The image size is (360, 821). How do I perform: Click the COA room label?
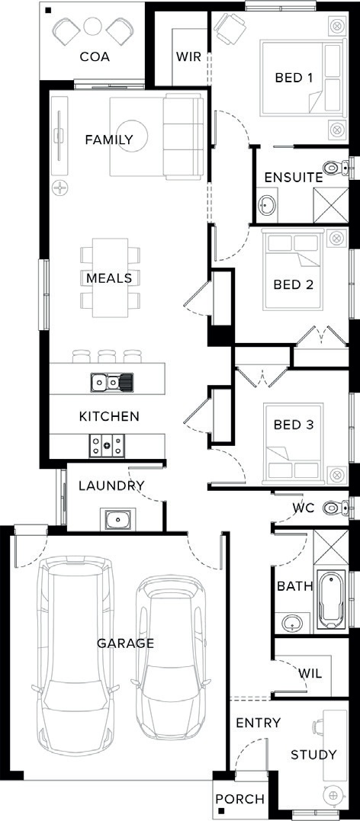(95, 57)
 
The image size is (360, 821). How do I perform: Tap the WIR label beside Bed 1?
(188, 56)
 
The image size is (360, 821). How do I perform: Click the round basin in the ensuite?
(267, 205)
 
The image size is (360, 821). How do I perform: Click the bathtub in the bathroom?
(331, 600)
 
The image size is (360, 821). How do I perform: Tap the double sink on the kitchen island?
(111, 382)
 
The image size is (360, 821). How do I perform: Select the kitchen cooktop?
(107, 446)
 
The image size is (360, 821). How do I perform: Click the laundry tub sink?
(118, 519)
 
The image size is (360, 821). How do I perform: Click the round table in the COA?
(93, 26)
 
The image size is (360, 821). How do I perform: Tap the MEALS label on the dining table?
(110, 277)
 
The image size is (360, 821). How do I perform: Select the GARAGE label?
(126, 643)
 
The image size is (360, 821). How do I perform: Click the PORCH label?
(240, 800)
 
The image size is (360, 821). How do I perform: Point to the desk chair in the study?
(318, 726)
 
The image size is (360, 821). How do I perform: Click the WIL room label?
(310, 673)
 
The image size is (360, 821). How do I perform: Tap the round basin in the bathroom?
(291, 623)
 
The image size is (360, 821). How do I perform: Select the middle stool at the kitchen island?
(107, 356)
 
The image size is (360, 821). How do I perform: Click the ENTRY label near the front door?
(258, 723)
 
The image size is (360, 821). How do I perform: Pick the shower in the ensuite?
(331, 205)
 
